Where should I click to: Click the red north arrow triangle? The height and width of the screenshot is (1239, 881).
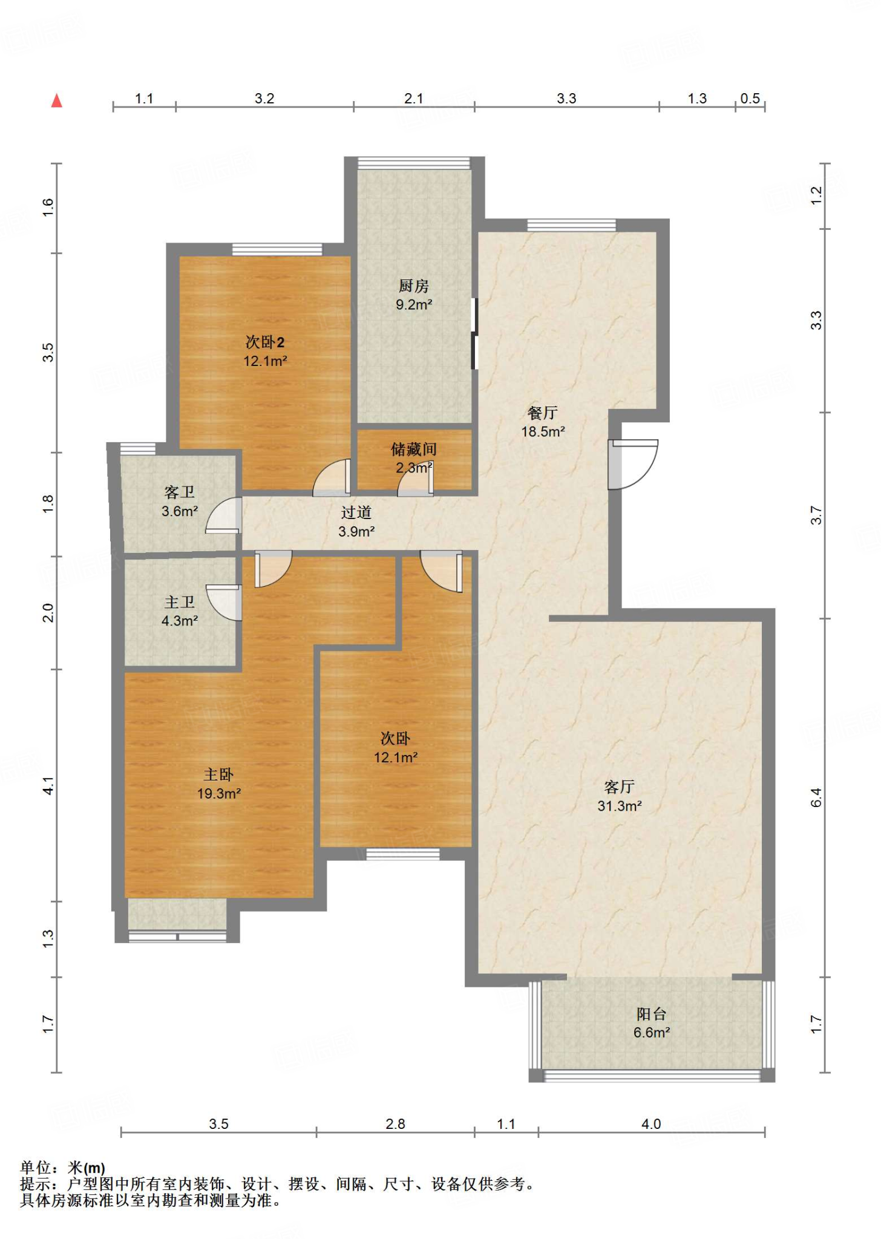57,100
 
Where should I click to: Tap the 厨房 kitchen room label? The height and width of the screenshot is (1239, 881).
414,286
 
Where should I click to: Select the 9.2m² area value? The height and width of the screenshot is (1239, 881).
414,305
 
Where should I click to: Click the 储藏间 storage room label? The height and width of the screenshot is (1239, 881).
414,450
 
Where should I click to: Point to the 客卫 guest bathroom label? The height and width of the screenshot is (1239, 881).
180,493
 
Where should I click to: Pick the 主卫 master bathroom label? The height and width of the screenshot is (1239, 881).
180,603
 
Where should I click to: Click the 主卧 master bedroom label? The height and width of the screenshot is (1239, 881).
218,775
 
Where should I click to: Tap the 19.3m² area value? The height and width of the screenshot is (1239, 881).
219,794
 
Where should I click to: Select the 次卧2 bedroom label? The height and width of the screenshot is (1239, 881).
265,342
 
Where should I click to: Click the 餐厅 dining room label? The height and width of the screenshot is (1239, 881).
543,413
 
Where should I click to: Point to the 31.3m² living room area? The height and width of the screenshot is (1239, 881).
620,806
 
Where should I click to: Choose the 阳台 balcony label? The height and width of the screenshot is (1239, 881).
652,1014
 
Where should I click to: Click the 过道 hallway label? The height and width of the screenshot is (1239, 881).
356,513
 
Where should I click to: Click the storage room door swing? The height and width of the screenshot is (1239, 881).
416,478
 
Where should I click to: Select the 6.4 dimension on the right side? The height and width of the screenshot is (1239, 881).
816,797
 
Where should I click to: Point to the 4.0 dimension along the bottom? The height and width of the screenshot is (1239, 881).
651,1124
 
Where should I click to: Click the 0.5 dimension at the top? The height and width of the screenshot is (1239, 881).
750,99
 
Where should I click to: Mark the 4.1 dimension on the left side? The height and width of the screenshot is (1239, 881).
49,786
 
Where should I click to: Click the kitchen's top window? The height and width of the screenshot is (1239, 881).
414,163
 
